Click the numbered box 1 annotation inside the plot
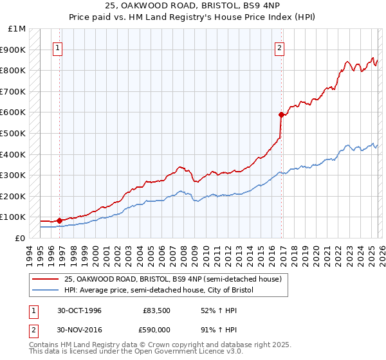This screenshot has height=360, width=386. tap(59, 47)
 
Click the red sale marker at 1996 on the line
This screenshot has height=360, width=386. tap(60, 221)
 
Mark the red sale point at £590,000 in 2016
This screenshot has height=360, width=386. tap(281, 115)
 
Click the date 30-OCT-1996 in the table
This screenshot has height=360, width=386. tap(79, 310)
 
